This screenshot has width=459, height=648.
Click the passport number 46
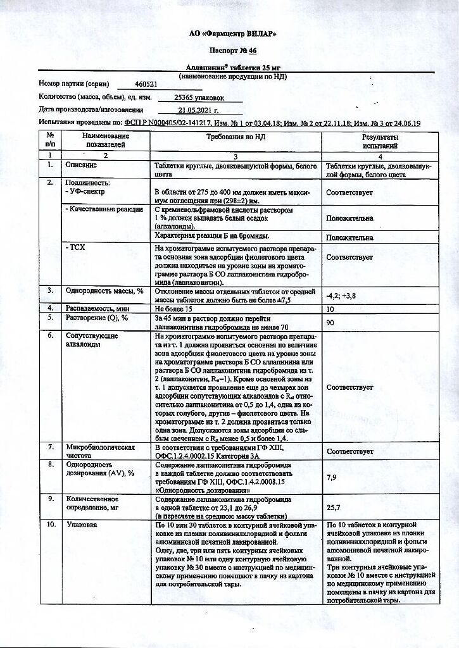click(x=253, y=50)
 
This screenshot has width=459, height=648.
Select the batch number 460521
click(x=147, y=84)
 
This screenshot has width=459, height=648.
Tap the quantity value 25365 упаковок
click(x=199, y=97)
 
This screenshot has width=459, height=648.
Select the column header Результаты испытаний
click(x=380, y=141)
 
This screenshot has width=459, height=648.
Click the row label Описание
click(x=82, y=165)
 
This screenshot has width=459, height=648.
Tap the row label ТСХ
click(x=75, y=248)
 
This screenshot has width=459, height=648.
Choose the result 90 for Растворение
click(x=330, y=323)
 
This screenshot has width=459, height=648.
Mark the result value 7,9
click(x=331, y=477)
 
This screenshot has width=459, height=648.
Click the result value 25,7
click(x=333, y=508)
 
